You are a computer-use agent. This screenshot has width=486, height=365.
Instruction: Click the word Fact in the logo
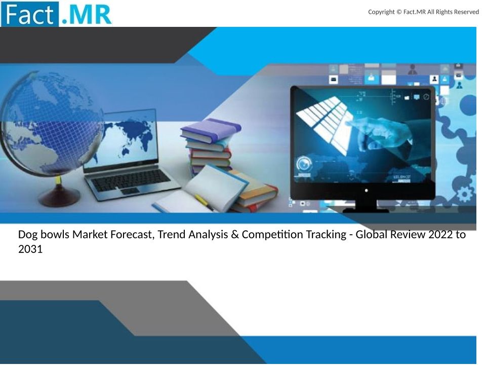point(29,14)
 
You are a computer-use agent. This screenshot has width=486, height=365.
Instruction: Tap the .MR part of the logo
point(86,14)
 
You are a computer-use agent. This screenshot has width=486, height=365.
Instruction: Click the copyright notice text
point(423,12)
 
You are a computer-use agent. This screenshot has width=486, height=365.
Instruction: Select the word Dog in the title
point(28,235)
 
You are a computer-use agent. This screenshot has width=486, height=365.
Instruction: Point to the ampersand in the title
point(234,234)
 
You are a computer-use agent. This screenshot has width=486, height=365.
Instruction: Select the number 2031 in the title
point(30,249)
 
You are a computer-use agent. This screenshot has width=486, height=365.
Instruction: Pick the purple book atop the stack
point(211,130)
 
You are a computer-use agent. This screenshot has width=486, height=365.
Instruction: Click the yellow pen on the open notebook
point(205,203)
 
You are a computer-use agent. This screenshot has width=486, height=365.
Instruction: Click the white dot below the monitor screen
point(366,190)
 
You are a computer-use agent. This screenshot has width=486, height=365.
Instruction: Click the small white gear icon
point(465,194)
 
